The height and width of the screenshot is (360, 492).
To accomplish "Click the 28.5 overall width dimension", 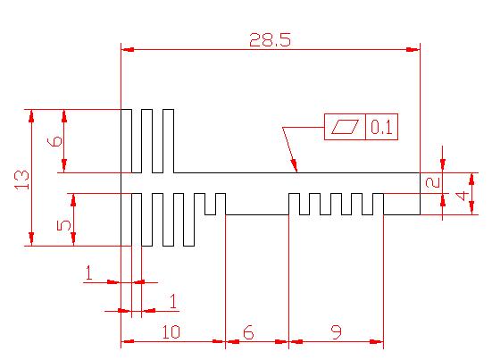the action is tap(271, 40).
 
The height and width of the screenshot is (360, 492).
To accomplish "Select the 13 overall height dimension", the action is tap(22, 180).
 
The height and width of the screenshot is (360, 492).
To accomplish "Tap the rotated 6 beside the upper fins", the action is tap(54, 142).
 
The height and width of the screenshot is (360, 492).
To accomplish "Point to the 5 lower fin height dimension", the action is tap(64, 225).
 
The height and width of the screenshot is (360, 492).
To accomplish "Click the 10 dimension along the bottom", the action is tap(171, 332).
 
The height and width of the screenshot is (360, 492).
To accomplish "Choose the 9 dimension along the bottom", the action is tap(337, 332).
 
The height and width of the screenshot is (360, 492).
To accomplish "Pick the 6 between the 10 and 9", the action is tap(248, 332).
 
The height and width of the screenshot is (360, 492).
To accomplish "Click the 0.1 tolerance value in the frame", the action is tap(381, 127).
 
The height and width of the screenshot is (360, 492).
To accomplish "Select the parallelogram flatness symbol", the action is tap(346, 127).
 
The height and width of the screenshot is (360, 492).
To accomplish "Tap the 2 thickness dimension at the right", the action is tap(433, 182).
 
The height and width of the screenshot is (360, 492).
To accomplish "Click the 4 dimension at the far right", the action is tap(463, 197).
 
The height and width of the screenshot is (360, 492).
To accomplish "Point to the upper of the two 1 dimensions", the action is tap(89, 272).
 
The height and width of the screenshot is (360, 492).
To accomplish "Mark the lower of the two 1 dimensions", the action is tap(173, 301).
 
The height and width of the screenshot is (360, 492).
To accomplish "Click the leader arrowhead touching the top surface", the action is tap(294, 165).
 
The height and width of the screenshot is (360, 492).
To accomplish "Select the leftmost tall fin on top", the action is tap(127, 141).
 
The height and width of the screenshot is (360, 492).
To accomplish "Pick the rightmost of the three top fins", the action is tap(169, 141).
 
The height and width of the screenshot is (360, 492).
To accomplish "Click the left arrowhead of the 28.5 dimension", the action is tap(128, 49).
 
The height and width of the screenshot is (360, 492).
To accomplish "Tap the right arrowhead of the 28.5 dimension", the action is tap(413, 49).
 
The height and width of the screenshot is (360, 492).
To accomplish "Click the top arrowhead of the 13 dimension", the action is tap(31, 116).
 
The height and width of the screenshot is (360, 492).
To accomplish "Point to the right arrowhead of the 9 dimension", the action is tap(377, 341).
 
